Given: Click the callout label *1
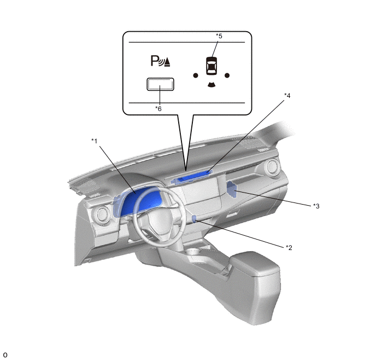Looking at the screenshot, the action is pos(95,141).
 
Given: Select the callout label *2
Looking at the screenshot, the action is pos(289,247).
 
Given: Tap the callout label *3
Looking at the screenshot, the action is pos(316,206).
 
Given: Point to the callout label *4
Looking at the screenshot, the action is pos(287,96).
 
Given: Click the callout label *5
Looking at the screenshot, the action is pos(219,36).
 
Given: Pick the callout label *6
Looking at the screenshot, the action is pos(158,109).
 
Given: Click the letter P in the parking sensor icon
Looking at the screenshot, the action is pos(155,61).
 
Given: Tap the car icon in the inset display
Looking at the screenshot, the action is pos(211,66).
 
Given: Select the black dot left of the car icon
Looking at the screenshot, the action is pos(196,76).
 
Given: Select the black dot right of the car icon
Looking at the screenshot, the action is pos(227,76).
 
